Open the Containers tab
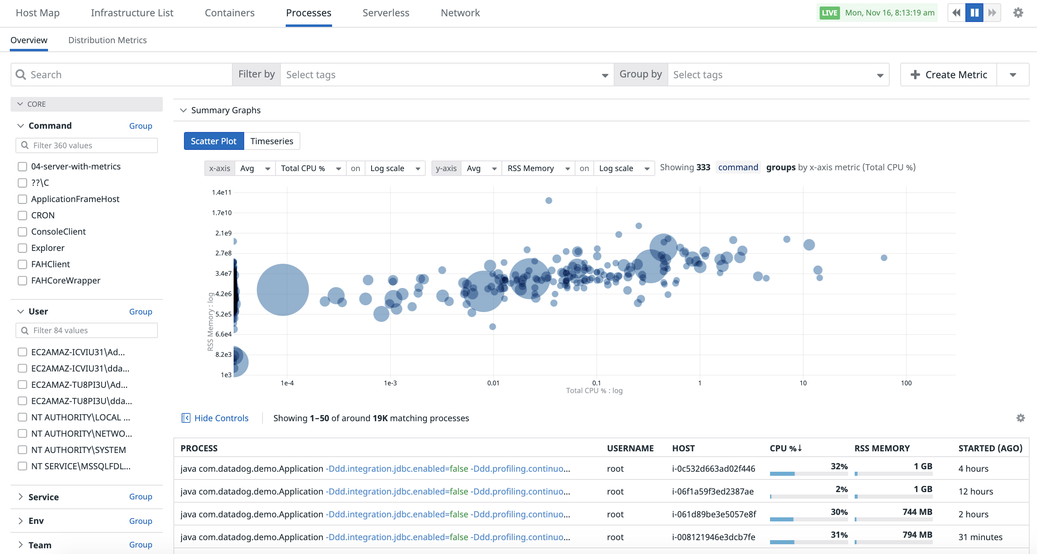[x=230, y=13]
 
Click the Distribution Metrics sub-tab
[x=107, y=40]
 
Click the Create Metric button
[x=949, y=75]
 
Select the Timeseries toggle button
[x=272, y=141]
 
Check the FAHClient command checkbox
[x=22, y=264]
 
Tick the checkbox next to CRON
[x=22, y=215]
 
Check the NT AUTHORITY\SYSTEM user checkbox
[x=22, y=450]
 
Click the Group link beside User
[x=141, y=312]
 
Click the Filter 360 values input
[x=87, y=145]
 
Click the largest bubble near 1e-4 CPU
[x=283, y=290]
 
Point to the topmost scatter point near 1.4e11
[x=549, y=200]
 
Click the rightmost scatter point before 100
[x=884, y=258]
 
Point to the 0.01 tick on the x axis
[x=493, y=383]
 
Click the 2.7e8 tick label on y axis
[x=223, y=253]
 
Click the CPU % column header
[x=785, y=448]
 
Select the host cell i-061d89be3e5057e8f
[x=714, y=514]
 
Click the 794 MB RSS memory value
[x=917, y=534]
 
